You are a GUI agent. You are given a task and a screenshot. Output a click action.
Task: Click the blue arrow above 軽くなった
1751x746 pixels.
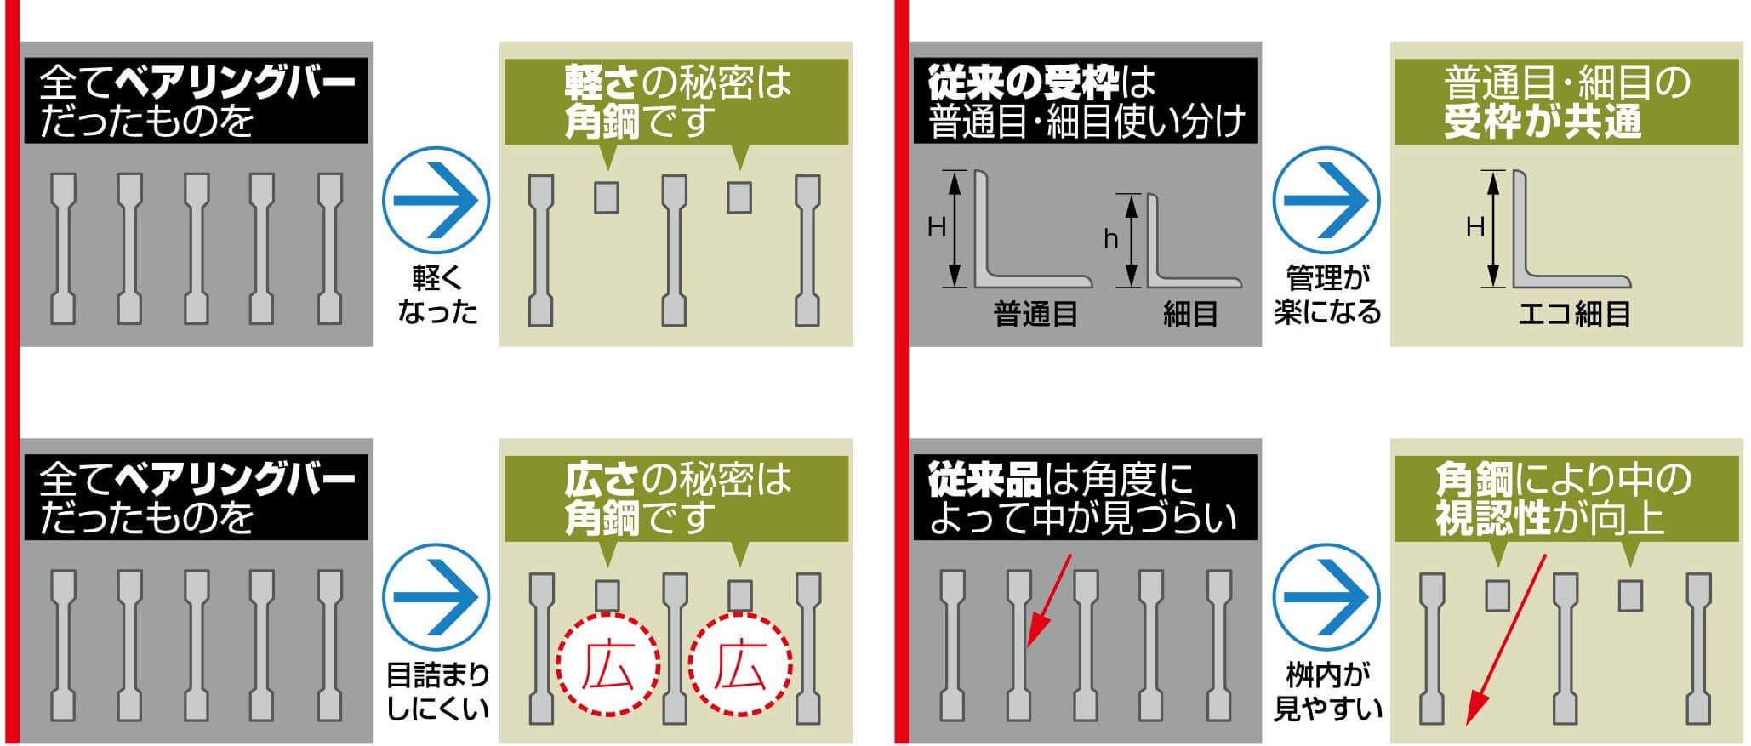point(436,201)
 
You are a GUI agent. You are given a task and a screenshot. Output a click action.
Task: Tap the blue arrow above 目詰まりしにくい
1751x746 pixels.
point(436,597)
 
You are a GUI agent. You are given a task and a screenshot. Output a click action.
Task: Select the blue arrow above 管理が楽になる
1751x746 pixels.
point(1326,201)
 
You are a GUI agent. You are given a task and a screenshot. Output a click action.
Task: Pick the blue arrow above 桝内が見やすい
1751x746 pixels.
point(1326,597)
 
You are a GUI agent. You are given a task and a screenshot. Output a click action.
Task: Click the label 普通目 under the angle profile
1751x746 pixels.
point(1035,315)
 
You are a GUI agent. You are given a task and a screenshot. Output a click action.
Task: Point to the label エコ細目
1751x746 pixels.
point(1574,315)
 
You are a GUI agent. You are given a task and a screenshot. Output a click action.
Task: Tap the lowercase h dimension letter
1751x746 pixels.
point(1110,239)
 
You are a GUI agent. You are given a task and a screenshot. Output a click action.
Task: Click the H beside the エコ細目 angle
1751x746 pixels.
point(1475,226)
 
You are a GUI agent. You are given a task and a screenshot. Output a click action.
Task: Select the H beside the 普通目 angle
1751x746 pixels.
point(936,226)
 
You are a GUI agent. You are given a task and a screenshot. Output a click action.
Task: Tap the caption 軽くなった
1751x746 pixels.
point(436,295)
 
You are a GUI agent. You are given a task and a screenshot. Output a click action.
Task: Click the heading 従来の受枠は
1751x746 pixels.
point(1041,83)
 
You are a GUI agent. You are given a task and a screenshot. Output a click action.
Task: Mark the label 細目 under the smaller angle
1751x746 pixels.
point(1190,315)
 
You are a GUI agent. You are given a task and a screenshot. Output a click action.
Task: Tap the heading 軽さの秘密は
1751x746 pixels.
point(677,83)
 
